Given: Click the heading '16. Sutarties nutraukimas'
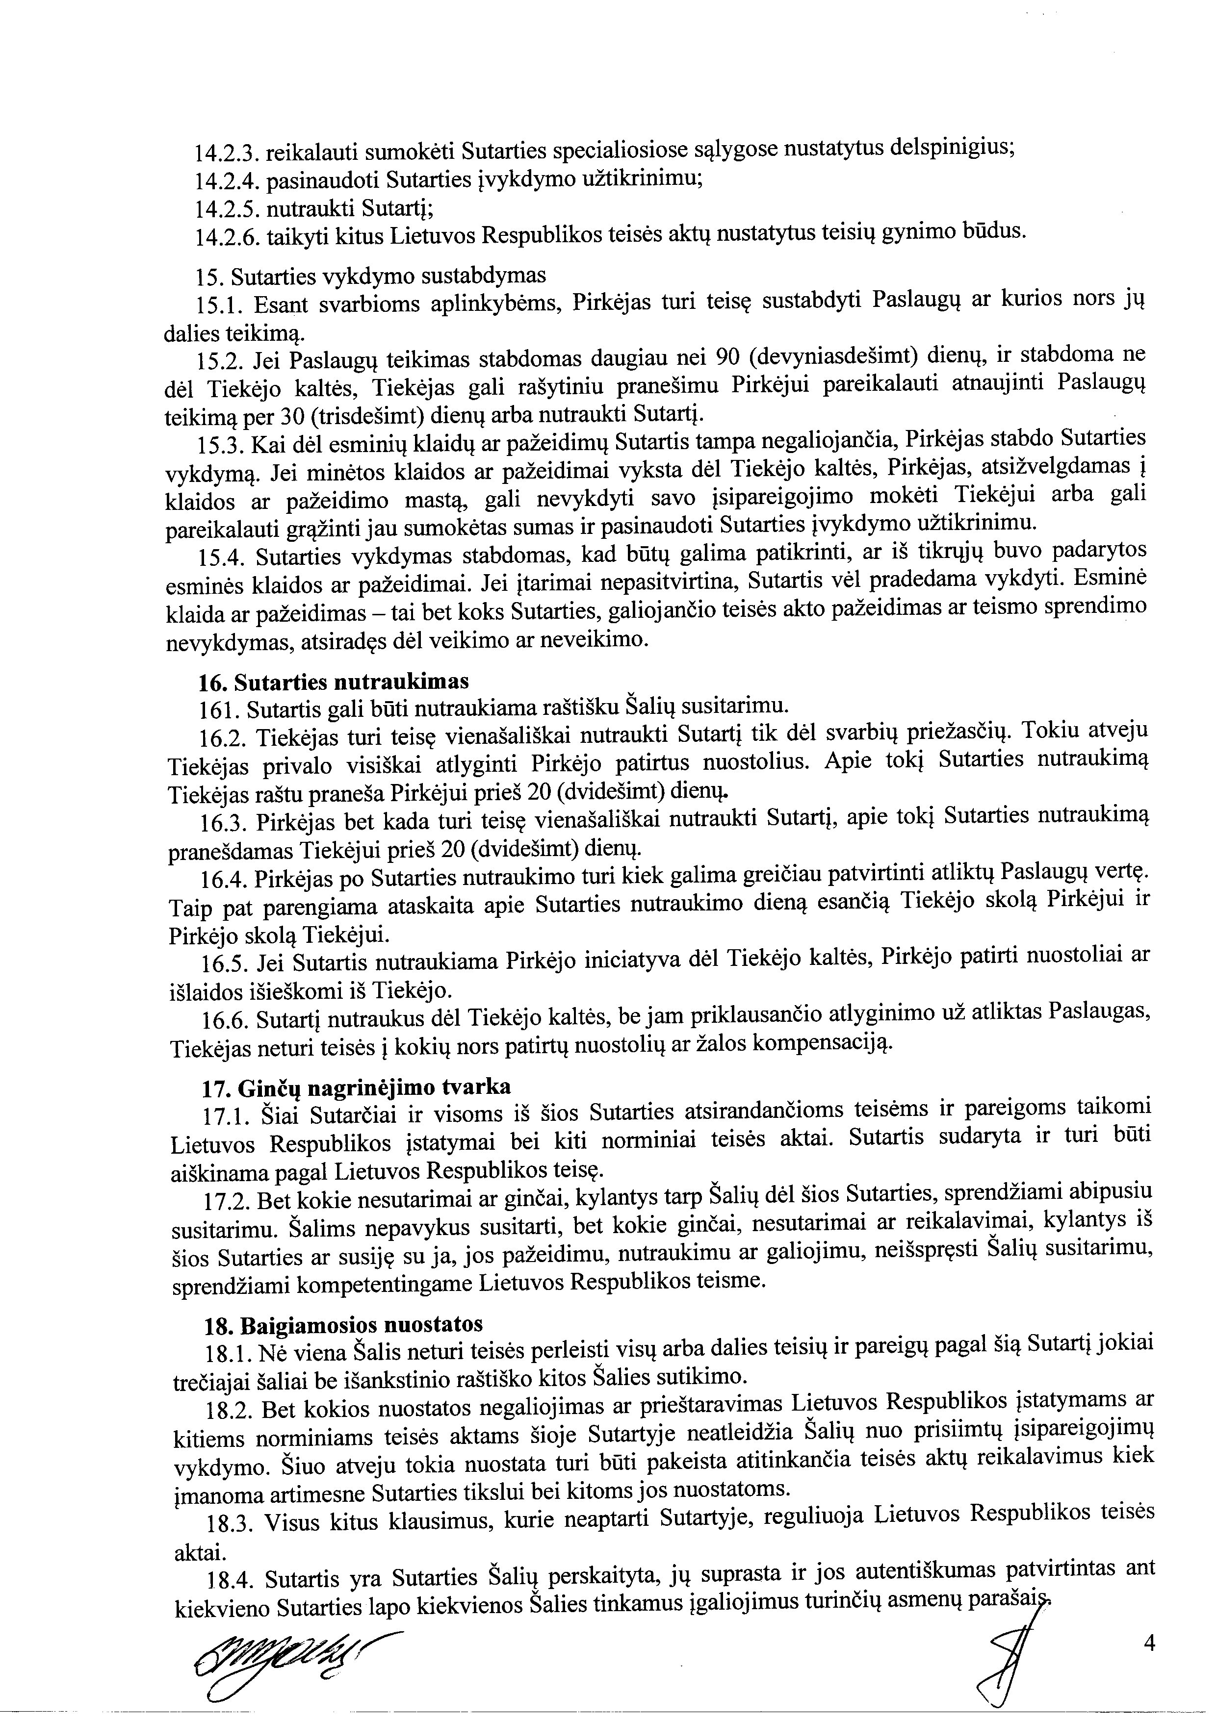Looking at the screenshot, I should click(334, 682).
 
